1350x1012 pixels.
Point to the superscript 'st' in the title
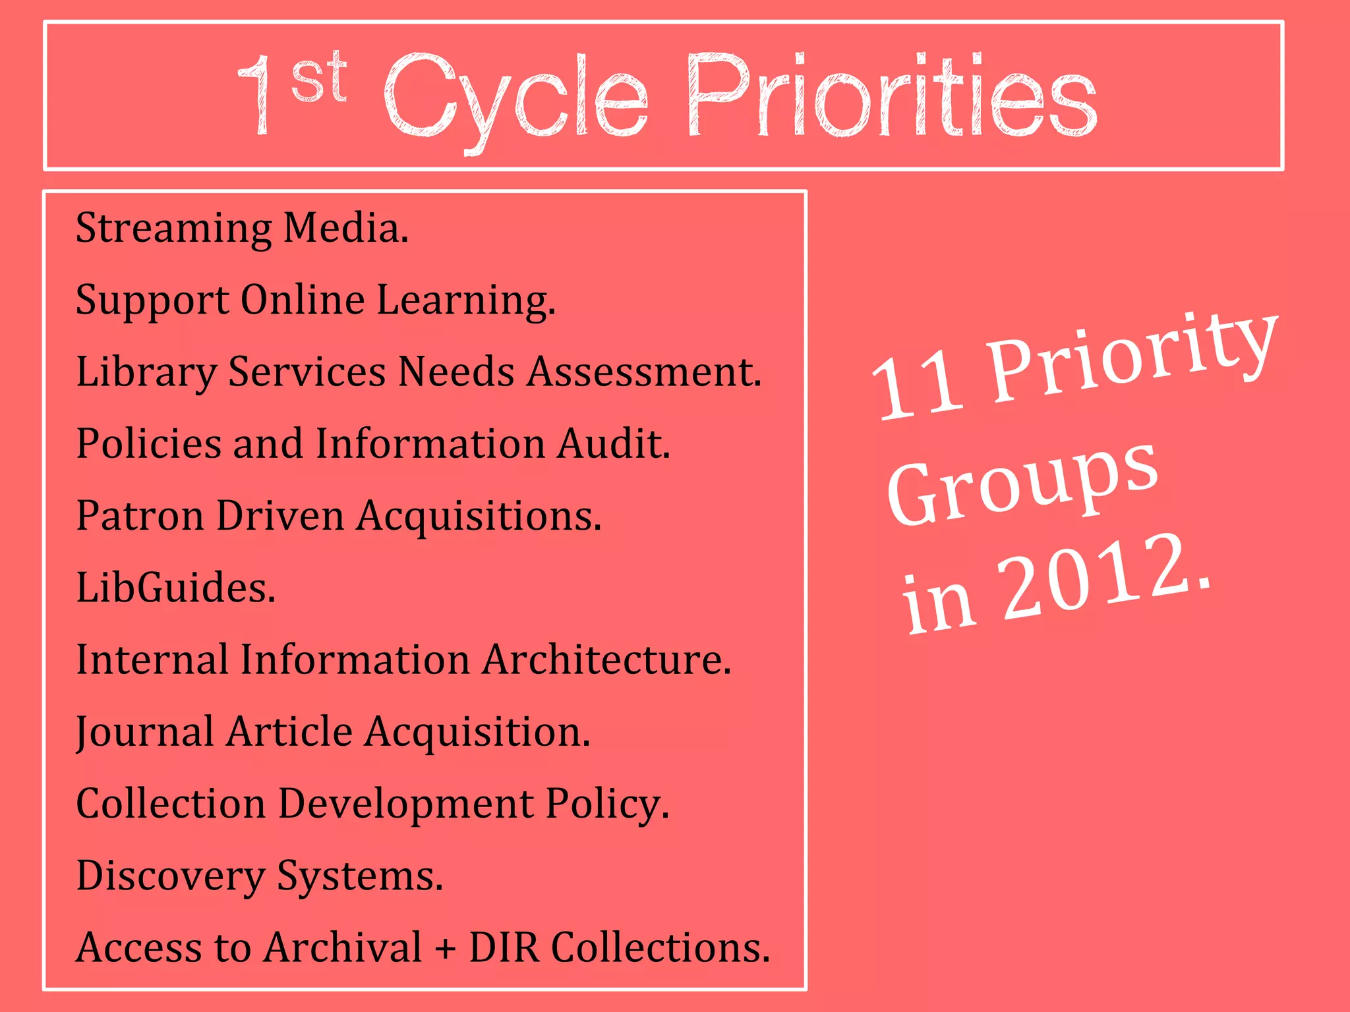click(x=319, y=78)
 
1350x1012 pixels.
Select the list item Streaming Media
click(x=242, y=228)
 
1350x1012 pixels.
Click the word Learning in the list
click(x=465, y=300)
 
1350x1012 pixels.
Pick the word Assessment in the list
click(x=644, y=372)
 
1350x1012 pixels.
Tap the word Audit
click(x=614, y=443)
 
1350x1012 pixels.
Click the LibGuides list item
click(x=175, y=587)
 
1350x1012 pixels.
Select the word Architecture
click(x=606, y=659)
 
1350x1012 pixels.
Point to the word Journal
click(x=144, y=731)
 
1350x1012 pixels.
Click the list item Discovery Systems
click(x=260, y=876)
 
